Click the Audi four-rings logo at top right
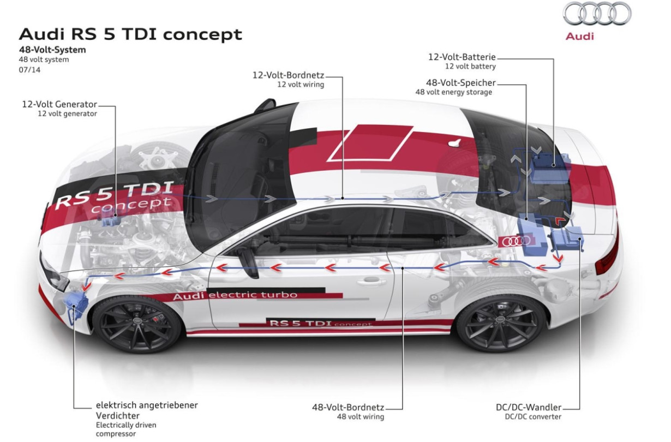(x=597, y=14)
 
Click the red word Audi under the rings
(x=579, y=37)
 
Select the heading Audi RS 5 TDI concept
(x=130, y=35)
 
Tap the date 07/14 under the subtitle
(x=29, y=70)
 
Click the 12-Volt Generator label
(x=59, y=104)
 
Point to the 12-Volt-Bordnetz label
(x=288, y=75)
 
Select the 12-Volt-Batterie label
(x=462, y=57)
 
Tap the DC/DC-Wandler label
(x=529, y=407)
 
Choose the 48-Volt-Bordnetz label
(x=348, y=407)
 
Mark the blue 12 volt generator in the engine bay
(x=111, y=221)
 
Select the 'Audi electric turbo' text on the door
(x=235, y=295)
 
